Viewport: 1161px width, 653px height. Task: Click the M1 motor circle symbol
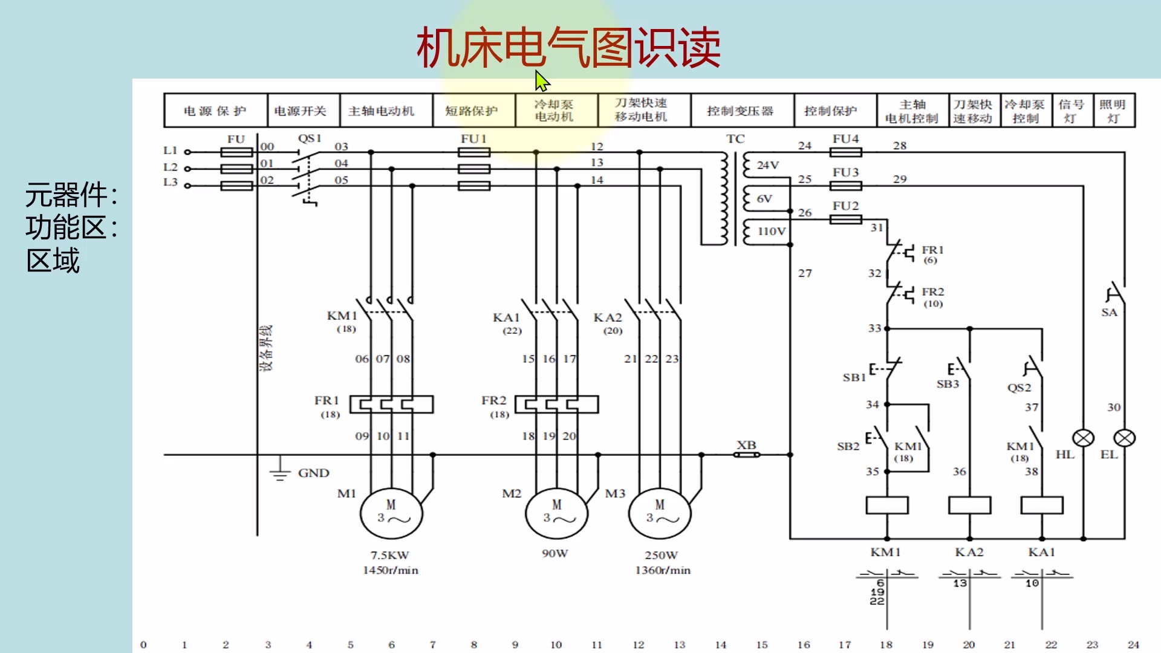click(x=391, y=514)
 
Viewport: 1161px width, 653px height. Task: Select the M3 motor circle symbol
click(x=660, y=514)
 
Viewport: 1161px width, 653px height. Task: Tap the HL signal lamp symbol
click(x=1083, y=438)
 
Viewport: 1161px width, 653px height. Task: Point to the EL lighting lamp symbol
click(x=1125, y=438)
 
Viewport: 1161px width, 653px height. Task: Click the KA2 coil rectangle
click(x=969, y=505)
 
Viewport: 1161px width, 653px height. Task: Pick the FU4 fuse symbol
click(x=845, y=152)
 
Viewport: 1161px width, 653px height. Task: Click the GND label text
click(x=313, y=473)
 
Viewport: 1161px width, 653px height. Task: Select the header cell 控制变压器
click(x=741, y=111)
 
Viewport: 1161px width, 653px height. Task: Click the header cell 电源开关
click(x=301, y=111)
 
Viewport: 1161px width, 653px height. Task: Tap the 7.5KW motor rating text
click(x=390, y=554)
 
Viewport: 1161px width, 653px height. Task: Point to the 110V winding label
click(x=772, y=231)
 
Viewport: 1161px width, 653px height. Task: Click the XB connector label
click(x=746, y=444)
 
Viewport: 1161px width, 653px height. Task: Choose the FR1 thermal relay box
click(x=391, y=404)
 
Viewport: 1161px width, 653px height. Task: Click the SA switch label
click(x=1109, y=312)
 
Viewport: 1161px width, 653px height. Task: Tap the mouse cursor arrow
click(x=542, y=80)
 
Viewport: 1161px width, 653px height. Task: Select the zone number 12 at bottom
click(x=639, y=645)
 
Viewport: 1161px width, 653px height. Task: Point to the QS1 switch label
click(x=309, y=138)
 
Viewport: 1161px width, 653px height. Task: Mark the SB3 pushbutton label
click(x=948, y=384)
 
